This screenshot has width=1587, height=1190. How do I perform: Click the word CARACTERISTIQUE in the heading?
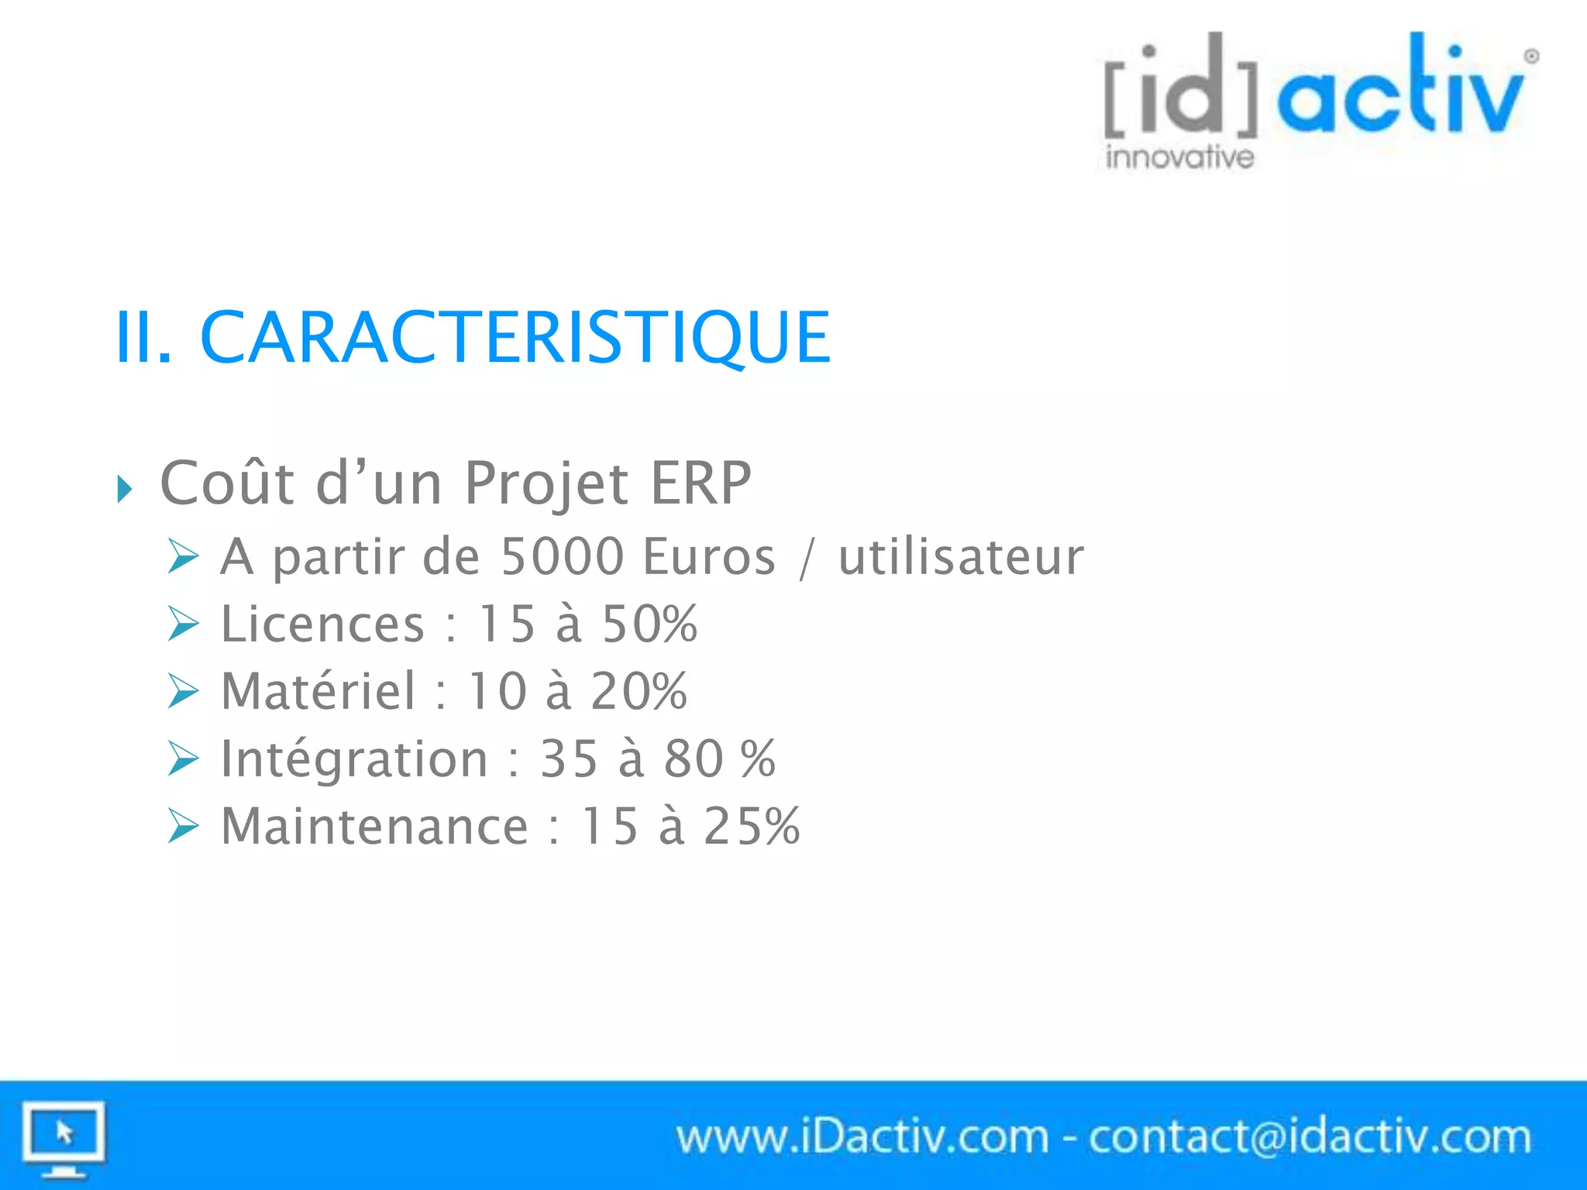[515, 337]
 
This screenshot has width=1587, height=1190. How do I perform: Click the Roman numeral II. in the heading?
[143, 337]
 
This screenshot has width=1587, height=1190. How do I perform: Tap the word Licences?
[322, 624]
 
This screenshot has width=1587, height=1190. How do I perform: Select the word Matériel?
[318, 691]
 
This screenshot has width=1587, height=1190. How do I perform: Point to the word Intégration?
[354, 758]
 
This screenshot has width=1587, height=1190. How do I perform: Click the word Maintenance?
[374, 826]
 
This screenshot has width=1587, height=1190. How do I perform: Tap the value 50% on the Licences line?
[649, 624]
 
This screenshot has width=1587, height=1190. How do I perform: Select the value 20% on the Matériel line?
[639, 691]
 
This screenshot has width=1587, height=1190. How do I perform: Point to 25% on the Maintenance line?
[752, 826]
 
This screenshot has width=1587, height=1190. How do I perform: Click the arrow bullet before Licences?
[184, 624]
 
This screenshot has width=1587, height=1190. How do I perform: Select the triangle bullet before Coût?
[124, 489]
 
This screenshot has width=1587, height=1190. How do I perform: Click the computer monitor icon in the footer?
[64, 1138]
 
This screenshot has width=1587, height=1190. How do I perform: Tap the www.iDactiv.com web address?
[862, 1137]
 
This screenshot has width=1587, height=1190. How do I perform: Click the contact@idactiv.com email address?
[1310, 1137]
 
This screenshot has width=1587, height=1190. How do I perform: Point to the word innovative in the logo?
[1179, 157]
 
